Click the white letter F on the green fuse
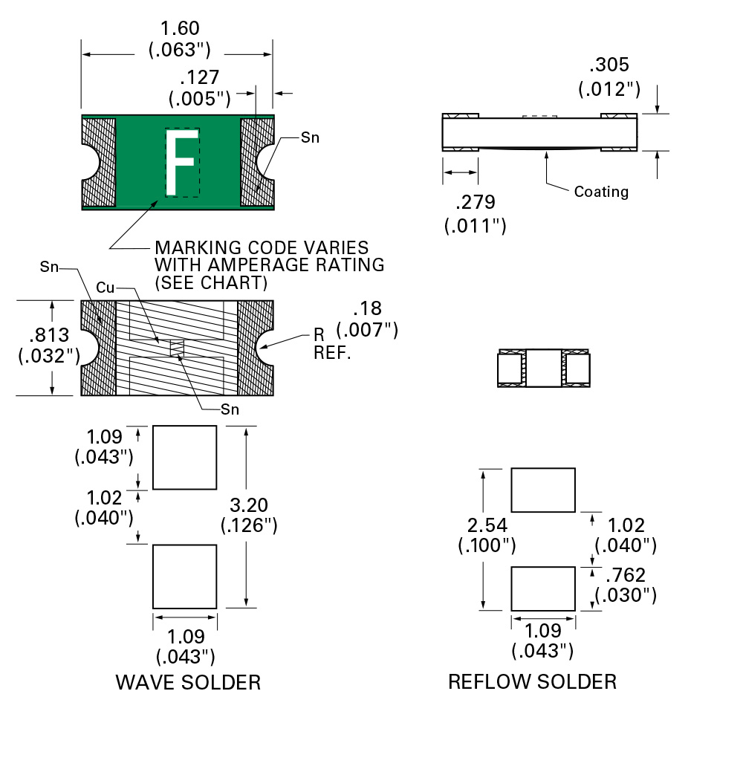coord(181,163)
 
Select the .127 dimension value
coord(199,79)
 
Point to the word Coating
coord(601,192)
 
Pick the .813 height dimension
coord(49,336)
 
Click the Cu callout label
coord(106,288)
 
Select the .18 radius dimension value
coord(366,310)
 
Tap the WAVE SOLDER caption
coord(188,682)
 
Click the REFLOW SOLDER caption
coord(532,681)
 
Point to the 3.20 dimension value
coord(249,506)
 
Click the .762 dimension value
coord(626,575)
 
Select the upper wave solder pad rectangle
coord(185,457)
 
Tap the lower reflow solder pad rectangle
coord(543,588)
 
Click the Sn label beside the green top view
coord(310,137)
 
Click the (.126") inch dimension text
coord(249,525)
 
